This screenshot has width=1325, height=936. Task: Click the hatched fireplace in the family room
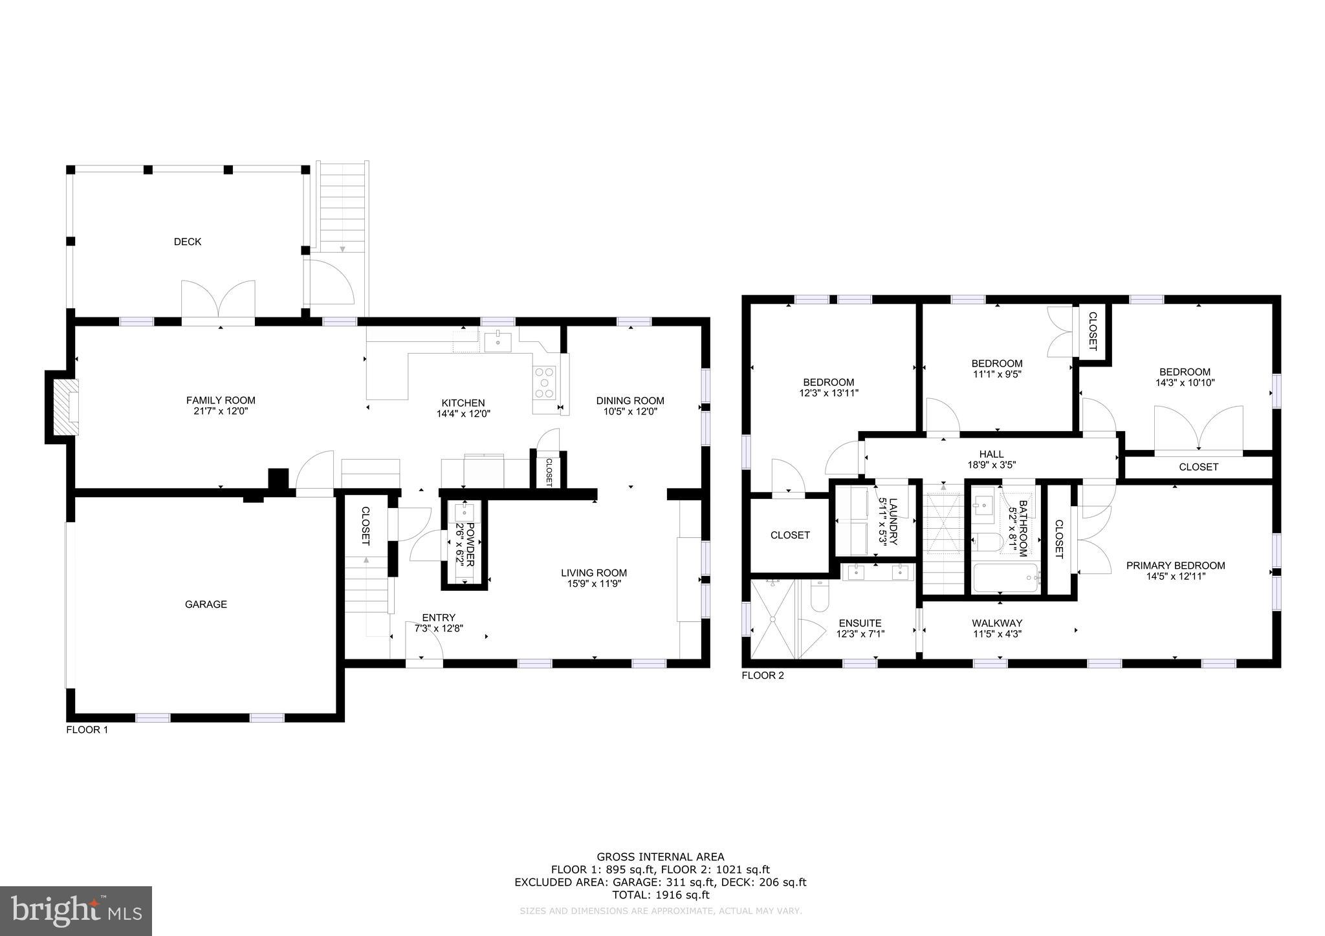[x=65, y=407]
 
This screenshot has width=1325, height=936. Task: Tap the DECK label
[x=188, y=242]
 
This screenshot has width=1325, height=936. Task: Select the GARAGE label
[x=206, y=604]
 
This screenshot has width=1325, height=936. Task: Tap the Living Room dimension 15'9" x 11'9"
[x=593, y=584]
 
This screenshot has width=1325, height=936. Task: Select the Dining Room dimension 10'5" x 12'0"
[x=630, y=412]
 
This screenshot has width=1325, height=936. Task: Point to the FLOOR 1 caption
[x=87, y=730]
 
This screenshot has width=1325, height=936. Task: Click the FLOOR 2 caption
[x=763, y=675]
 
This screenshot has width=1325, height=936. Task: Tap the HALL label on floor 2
[x=991, y=454]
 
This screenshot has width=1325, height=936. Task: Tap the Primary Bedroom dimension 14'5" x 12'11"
[x=1175, y=577]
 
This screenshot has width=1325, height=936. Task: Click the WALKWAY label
[x=996, y=623]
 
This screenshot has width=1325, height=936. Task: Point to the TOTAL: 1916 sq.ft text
[x=660, y=895]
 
